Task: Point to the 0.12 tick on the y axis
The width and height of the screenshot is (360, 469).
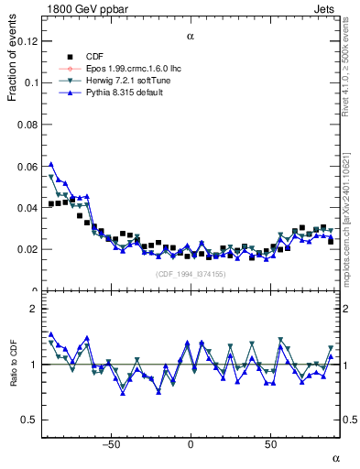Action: pyautogui.click(x=27, y=41)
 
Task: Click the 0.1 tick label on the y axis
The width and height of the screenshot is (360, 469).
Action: pyautogui.click(x=29, y=82)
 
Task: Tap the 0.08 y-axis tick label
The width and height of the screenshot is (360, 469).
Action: pyautogui.click(x=27, y=125)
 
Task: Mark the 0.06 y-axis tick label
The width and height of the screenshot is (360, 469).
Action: pyautogui.click(x=27, y=166)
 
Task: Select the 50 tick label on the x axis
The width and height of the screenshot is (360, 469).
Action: pyautogui.click(x=270, y=445)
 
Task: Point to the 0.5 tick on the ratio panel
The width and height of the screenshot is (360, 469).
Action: pyautogui.click(x=30, y=420)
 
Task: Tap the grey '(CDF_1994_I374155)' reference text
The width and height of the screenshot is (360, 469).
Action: pyautogui.click(x=191, y=274)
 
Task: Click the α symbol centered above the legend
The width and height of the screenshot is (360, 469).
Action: pyautogui.click(x=191, y=37)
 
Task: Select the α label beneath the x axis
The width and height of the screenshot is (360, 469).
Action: pyautogui.click(x=335, y=458)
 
